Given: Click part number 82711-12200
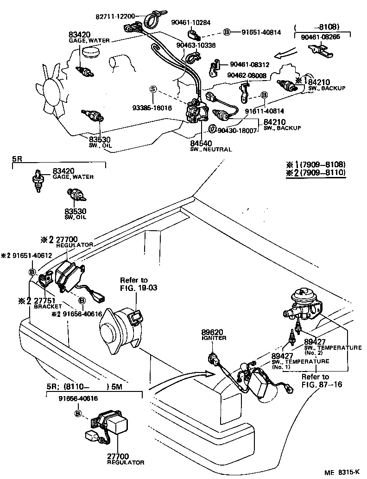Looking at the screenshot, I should tap(115, 16).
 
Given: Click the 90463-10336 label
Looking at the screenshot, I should tap(196, 45).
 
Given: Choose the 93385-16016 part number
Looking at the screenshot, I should tap(152, 107).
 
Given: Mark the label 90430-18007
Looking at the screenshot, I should tap(237, 131).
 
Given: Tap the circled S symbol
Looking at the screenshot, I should tap(153, 89).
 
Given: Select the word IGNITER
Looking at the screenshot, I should tap(214, 338).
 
